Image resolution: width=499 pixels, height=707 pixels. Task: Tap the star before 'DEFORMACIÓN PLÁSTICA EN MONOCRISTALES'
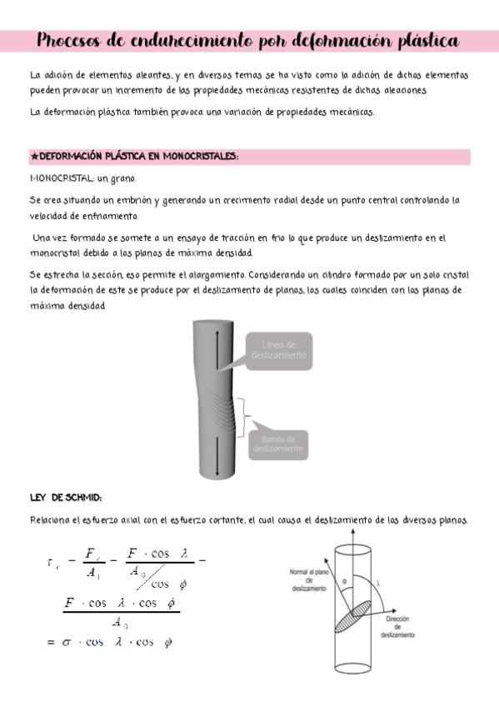point(32,157)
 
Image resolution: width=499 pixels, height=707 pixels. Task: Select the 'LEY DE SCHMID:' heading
point(65,498)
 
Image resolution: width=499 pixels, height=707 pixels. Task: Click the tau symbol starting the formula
point(51,561)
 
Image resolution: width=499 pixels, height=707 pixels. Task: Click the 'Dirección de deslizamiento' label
point(398,627)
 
